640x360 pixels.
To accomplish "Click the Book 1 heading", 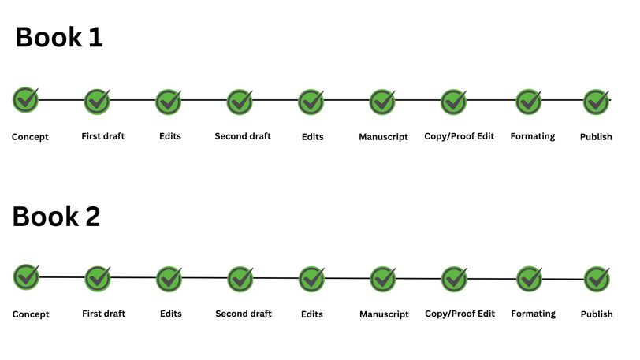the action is [59, 37].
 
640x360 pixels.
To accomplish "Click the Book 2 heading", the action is [56, 216].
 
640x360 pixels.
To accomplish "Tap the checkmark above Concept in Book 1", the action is [26, 99].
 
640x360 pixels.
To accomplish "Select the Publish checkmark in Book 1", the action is [597, 102].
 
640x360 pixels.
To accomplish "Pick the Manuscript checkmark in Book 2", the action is [383, 279].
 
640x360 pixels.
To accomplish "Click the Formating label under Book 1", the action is [533, 136].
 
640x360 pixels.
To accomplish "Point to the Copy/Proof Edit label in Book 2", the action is [460, 314].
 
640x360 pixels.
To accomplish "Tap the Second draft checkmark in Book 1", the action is [240, 102].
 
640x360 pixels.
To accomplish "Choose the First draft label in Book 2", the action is [104, 314].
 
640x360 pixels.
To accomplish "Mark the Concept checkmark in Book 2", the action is [27, 276].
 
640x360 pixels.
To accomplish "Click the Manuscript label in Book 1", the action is [383, 137].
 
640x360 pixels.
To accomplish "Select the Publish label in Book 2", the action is [597, 314].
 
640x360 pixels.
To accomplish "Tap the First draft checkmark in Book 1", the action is [97, 102].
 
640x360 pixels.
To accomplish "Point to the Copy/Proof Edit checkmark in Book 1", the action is [454, 102].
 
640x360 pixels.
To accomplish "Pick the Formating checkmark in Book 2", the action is [530, 279].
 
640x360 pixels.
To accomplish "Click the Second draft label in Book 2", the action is [244, 314].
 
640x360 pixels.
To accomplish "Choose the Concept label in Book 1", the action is [30, 137].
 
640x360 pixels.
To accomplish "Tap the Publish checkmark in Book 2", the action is [597, 279].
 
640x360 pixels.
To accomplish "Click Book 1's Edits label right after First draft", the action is [170, 136].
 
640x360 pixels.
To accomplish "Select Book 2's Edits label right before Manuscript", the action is [312, 314].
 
